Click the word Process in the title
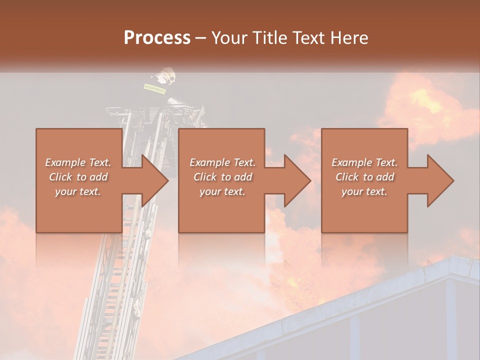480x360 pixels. (x=157, y=38)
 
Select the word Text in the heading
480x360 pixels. (x=305, y=38)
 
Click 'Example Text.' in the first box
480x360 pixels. (x=78, y=162)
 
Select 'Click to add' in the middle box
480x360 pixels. (x=222, y=177)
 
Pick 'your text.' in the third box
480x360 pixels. (x=364, y=191)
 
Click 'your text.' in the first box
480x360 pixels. (x=78, y=191)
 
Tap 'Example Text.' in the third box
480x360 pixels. (x=364, y=162)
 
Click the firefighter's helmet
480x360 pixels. (x=165, y=76)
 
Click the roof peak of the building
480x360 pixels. (x=452, y=260)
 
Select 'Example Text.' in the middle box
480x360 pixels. (x=222, y=162)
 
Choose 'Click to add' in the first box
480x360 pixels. (x=78, y=177)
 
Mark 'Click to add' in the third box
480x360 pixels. (x=364, y=177)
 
